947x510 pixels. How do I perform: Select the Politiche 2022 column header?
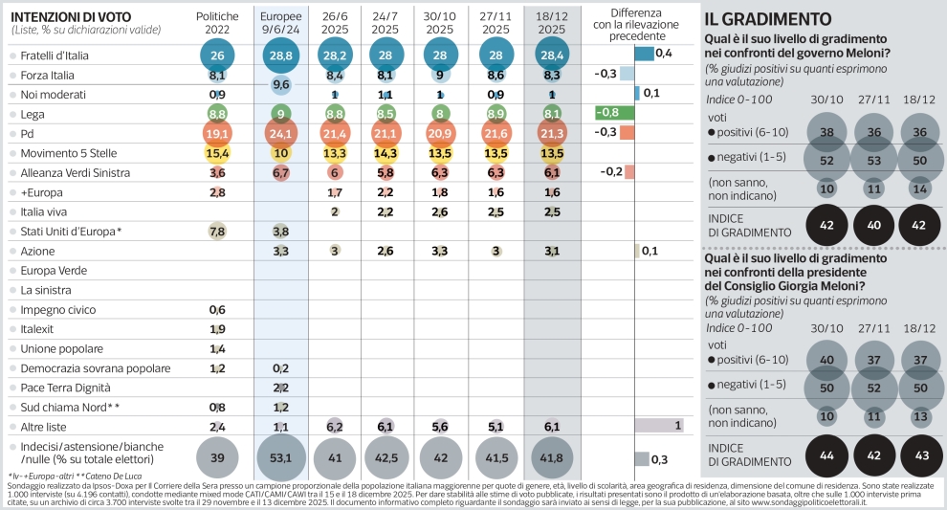click(217, 24)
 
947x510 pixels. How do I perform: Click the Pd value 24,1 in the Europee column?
click(281, 133)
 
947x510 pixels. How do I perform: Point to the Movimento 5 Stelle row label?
click(70, 153)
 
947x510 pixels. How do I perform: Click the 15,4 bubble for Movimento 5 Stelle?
click(217, 153)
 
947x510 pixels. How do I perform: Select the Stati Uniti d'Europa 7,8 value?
click(217, 232)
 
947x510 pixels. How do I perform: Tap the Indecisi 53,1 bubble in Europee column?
click(281, 458)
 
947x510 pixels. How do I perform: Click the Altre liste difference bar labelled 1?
click(658, 424)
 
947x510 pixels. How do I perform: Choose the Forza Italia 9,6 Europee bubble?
click(281, 85)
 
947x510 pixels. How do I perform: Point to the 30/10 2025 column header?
click(441, 24)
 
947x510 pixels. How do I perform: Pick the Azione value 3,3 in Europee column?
click(281, 251)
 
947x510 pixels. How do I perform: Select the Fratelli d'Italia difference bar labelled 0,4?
click(644, 54)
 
